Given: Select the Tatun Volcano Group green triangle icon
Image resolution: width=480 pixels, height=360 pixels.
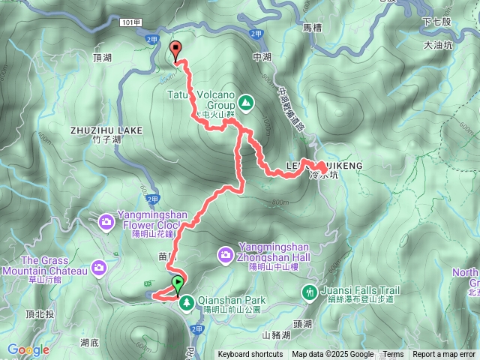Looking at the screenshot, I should click(246, 101).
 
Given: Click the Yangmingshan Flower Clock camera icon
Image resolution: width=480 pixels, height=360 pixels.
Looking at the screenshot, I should click(106, 221).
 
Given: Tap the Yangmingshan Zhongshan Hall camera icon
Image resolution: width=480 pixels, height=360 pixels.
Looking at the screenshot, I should click(225, 256).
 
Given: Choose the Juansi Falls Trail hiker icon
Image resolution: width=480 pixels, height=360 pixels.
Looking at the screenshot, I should click(309, 291).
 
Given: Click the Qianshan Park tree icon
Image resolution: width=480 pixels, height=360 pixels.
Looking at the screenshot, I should click(186, 302).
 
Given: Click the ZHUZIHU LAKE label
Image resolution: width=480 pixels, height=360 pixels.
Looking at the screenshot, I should click(106, 130).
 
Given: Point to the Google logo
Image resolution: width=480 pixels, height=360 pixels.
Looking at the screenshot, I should click(28, 349).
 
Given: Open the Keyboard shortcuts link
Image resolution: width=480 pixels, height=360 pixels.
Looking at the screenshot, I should click(250, 355).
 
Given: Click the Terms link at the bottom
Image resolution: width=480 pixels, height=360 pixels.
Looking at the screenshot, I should click(393, 355).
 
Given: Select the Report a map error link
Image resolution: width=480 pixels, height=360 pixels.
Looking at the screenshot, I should click(444, 355).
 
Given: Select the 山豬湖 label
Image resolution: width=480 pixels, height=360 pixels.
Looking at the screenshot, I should click(274, 334).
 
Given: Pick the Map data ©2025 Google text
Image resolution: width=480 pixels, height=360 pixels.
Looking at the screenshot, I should click(333, 355).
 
